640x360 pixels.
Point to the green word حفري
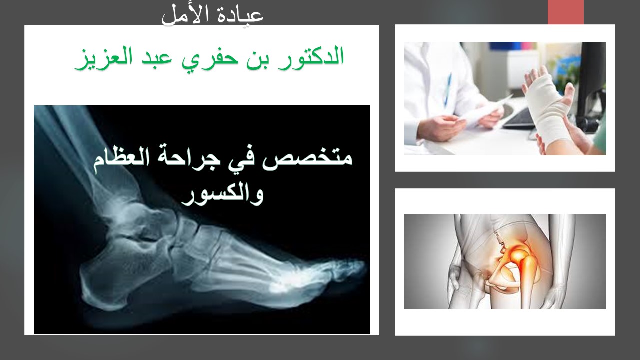(209, 58)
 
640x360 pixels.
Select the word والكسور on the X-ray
(223, 195)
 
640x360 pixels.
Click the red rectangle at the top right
(565, 12)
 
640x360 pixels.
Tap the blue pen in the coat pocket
(447, 90)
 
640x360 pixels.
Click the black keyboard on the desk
(518, 118)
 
